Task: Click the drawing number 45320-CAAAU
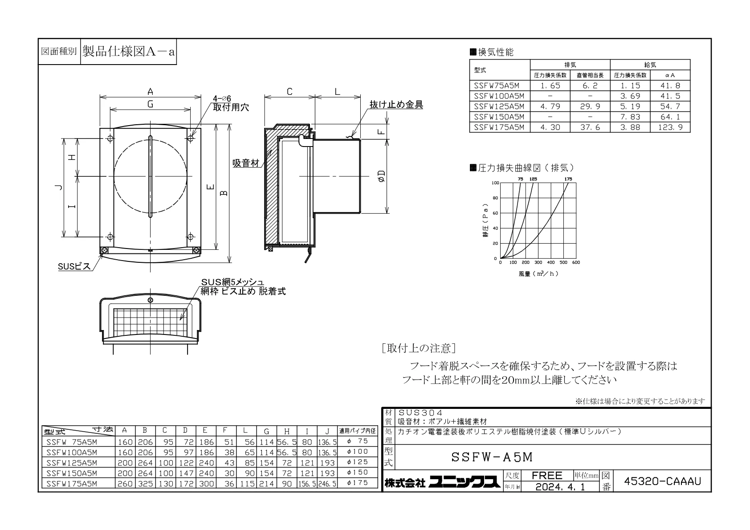click(662, 481)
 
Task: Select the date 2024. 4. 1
click(560, 486)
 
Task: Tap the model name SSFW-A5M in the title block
click(492, 457)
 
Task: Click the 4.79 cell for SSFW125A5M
click(550, 106)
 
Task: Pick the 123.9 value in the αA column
click(670, 127)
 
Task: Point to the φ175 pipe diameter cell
click(358, 483)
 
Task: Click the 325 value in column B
click(145, 484)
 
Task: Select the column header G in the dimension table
click(266, 431)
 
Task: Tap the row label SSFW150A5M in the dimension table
click(72, 473)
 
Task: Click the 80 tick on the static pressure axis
click(495, 198)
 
